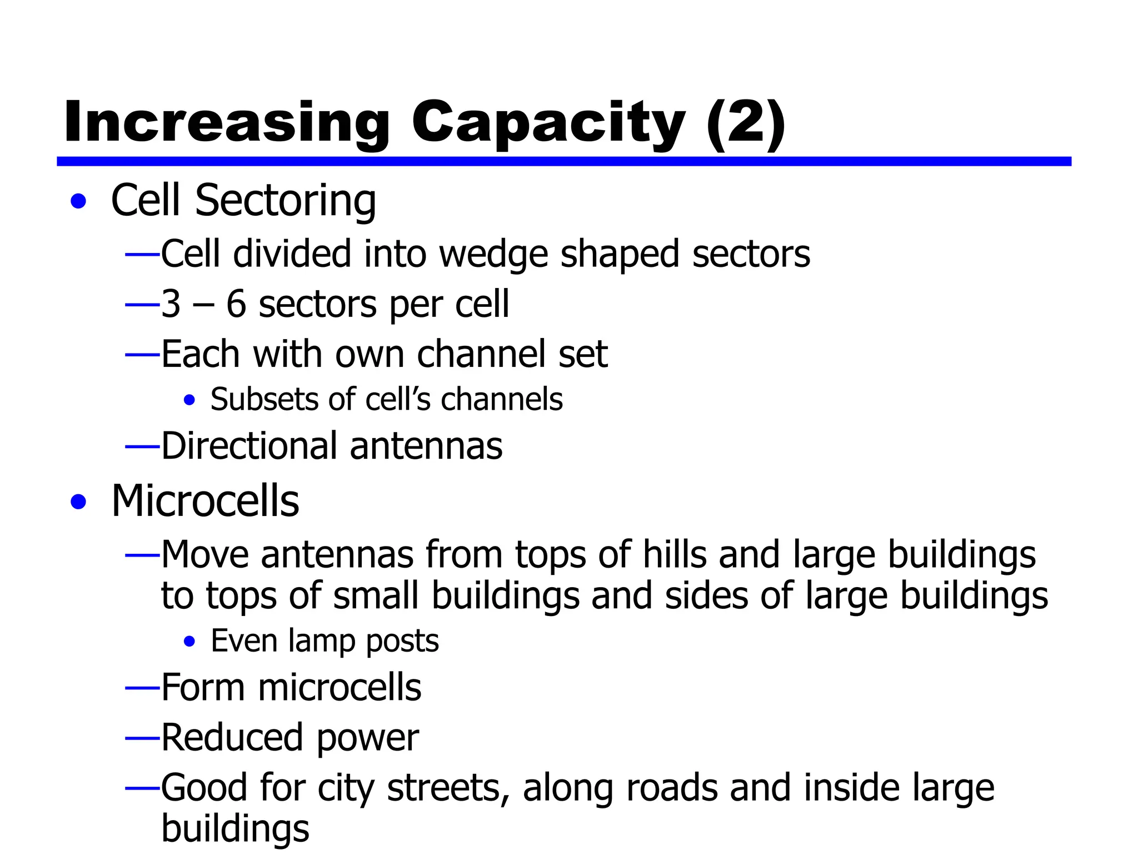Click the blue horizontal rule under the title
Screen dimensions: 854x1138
(x=563, y=161)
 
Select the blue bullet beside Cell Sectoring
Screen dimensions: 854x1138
(x=79, y=201)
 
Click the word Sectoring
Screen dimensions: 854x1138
(x=285, y=201)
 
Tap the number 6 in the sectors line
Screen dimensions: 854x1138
(x=236, y=304)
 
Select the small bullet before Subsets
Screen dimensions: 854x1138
(x=189, y=400)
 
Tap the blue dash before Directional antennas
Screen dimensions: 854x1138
(x=142, y=446)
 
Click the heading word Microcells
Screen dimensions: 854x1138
(x=205, y=501)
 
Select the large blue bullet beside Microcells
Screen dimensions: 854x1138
(x=79, y=502)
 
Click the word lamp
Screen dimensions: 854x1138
(x=321, y=641)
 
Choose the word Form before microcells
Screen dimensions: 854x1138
(x=203, y=688)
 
